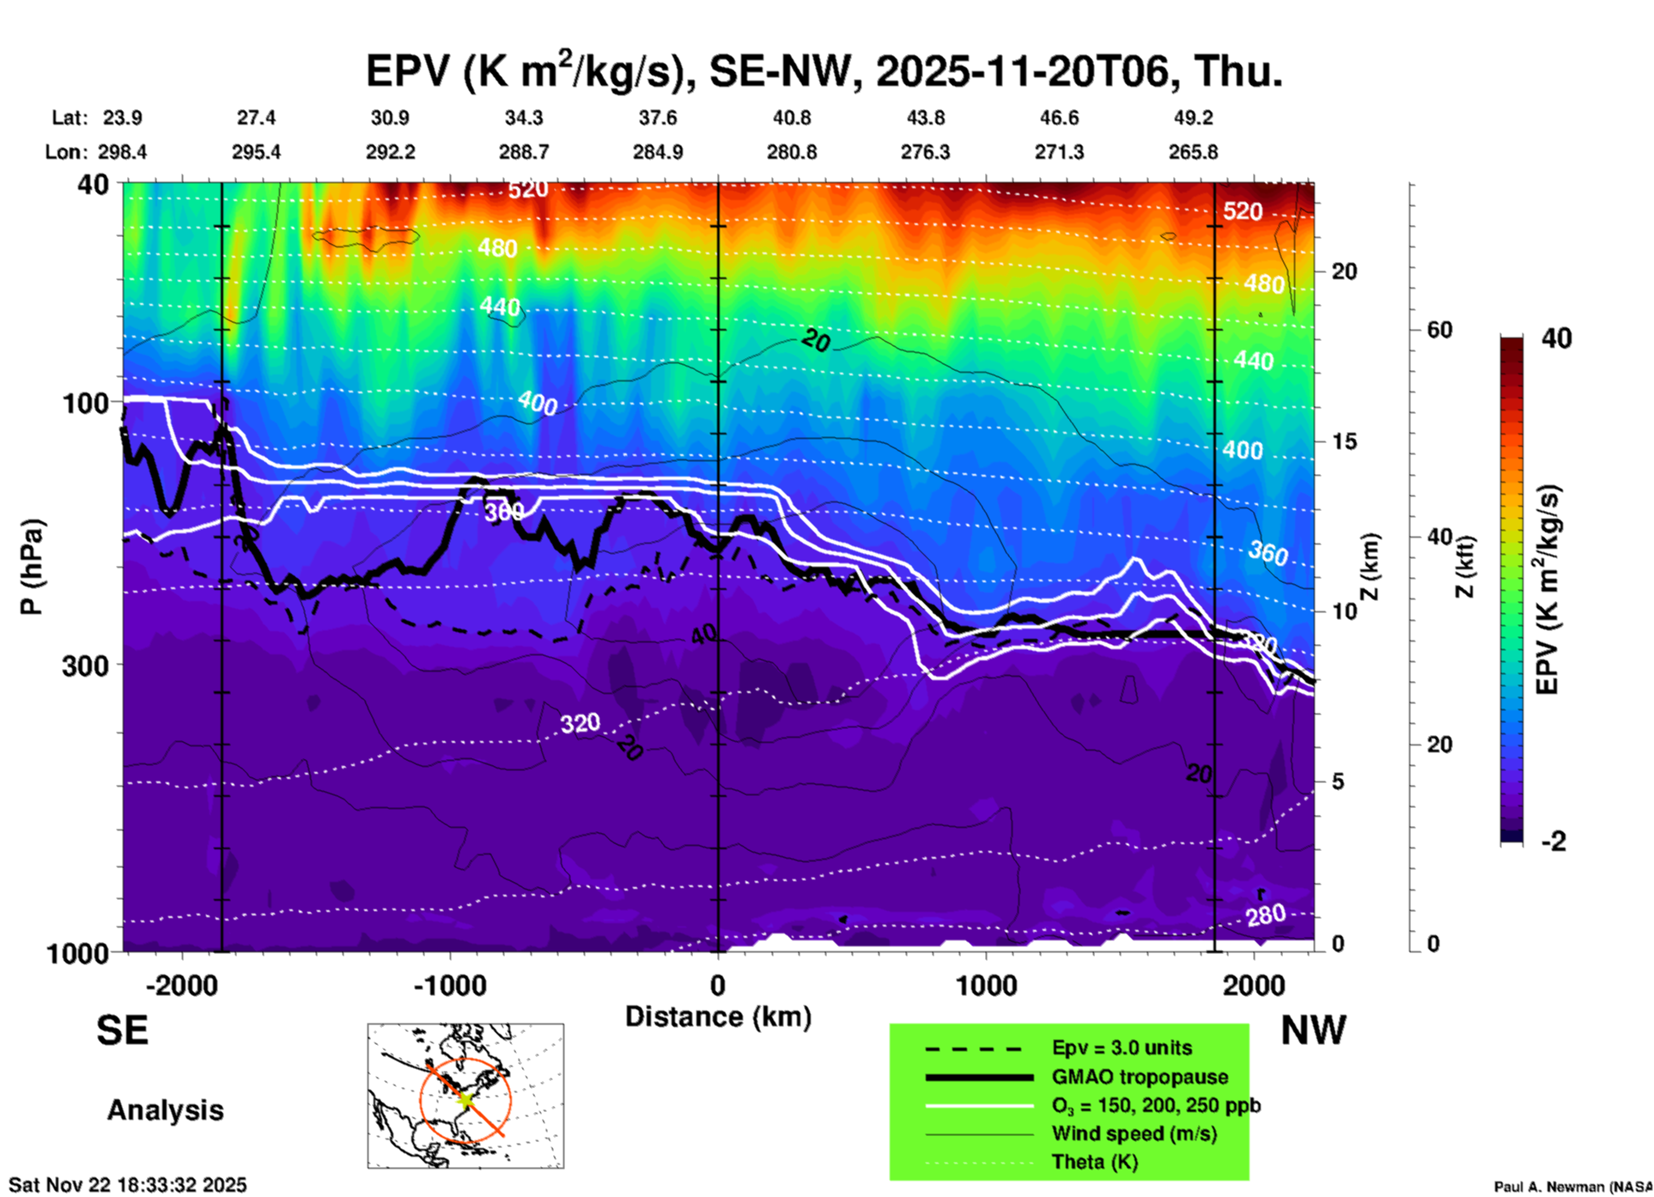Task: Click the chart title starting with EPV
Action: click(824, 70)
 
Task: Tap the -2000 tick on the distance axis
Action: click(181, 985)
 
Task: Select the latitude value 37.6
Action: click(658, 118)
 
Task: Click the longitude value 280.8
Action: click(792, 152)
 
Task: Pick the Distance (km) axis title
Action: click(718, 1017)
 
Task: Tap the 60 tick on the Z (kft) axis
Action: click(1439, 330)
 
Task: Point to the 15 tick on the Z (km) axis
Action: click(1344, 441)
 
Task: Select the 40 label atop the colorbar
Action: click(1556, 338)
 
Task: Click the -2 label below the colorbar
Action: click(1554, 842)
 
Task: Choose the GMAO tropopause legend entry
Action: click(1140, 1077)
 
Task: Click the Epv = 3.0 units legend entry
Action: click(1122, 1048)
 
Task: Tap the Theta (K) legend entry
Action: click(1094, 1162)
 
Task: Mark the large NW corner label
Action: click(1313, 1030)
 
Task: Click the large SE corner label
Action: click(122, 1030)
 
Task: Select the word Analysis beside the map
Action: click(165, 1110)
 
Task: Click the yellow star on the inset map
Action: click(465, 1099)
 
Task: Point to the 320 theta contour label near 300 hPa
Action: click(581, 724)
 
